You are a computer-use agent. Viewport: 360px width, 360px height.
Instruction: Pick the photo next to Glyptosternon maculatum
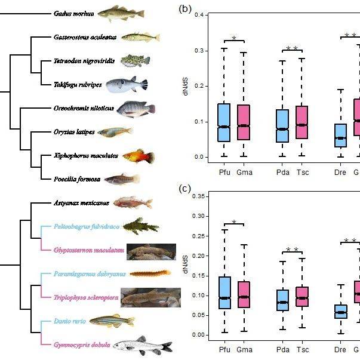click(151, 251)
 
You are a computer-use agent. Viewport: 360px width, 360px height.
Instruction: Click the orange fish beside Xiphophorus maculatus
click(139, 156)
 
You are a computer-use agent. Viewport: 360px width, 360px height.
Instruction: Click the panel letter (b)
click(185, 9)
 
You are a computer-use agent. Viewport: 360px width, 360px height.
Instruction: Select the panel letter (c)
click(185, 189)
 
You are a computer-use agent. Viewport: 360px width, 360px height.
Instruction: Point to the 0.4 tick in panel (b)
click(204, 15)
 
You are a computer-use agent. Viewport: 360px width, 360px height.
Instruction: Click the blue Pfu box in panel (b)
click(224, 122)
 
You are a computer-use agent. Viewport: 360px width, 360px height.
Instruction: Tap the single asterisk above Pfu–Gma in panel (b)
click(234, 39)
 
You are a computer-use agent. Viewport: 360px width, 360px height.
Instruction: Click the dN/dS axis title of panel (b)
click(186, 86)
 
